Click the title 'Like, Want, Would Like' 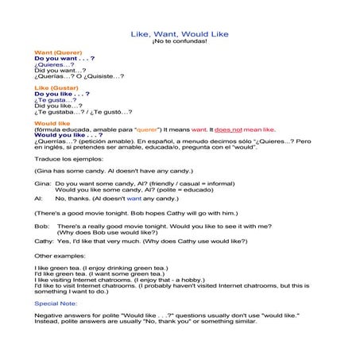[x=180, y=34]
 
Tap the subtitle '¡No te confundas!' [x=180, y=41]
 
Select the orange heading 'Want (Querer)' [x=58, y=52]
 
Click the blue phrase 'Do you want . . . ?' [x=65, y=59]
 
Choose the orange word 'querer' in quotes [x=148, y=129]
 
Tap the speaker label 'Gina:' [x=42, y=184]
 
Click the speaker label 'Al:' [x=38, y=199]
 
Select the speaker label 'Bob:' [x=41, y=226]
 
